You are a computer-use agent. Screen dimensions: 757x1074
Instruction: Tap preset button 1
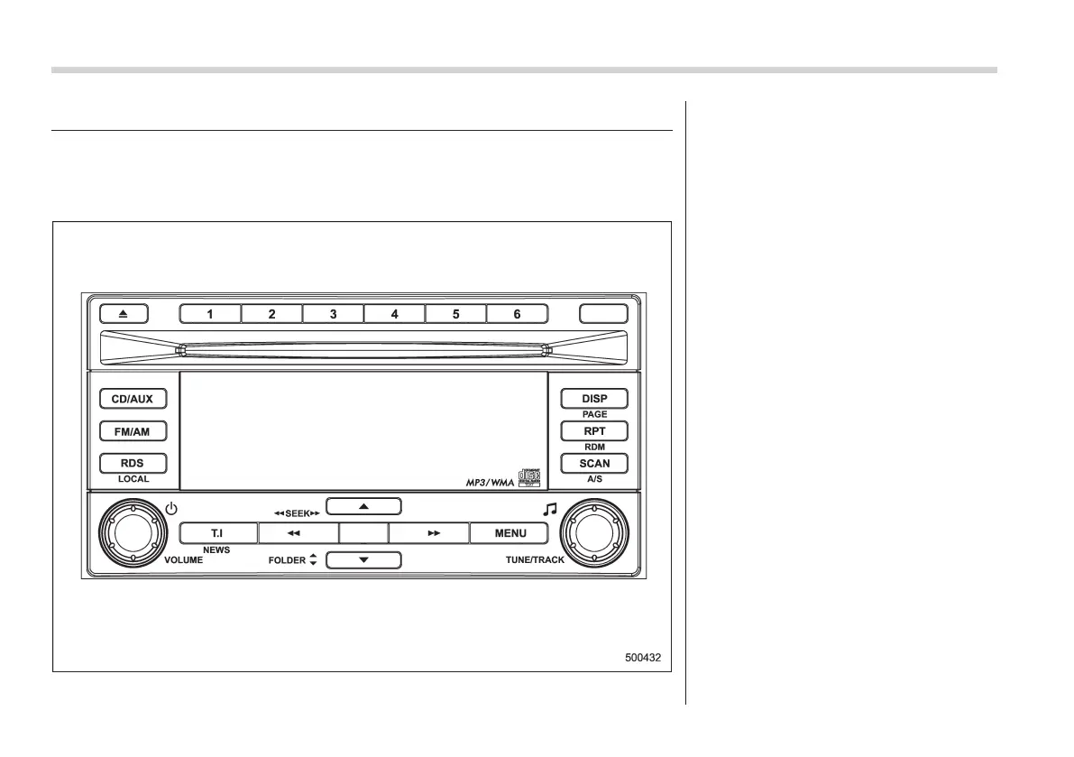point(210,314)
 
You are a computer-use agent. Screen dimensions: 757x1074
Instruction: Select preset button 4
point(394,314)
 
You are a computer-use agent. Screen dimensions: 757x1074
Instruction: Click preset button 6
point(517,314)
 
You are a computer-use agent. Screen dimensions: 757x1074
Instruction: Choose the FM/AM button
point(132,431)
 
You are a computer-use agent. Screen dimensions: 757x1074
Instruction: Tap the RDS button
point(132,464)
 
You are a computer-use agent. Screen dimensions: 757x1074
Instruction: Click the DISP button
point(594,399)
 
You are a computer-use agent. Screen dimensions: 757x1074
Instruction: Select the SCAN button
point(594,464)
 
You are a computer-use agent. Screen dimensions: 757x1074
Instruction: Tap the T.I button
point(217,533)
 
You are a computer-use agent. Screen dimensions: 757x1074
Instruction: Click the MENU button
point(510,533)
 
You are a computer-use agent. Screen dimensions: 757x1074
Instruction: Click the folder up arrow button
point(363,506)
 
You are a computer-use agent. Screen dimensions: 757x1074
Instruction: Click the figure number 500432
point(643,658)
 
